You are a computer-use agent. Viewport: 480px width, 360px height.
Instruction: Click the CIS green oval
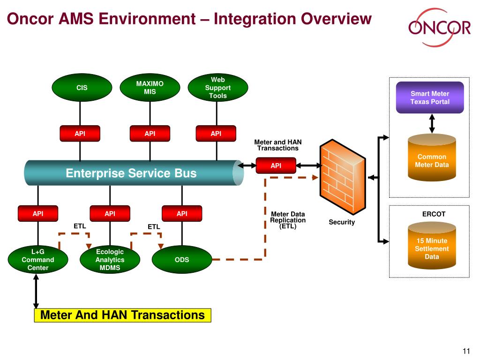click(82, 88)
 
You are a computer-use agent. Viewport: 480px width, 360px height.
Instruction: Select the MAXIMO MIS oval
click(150, 88)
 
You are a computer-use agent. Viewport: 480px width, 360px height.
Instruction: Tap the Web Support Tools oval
click(218, 88)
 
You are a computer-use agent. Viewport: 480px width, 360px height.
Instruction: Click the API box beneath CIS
click(80, 134)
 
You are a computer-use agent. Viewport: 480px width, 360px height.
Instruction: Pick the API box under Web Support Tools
click(216, 134)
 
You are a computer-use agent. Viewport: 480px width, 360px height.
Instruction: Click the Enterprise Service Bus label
click(131, 173)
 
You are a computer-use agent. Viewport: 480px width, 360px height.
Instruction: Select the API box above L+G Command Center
click(38, 214)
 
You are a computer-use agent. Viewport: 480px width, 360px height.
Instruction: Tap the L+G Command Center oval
click(38, 260)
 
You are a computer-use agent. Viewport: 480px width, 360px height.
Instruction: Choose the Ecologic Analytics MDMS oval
click(110, 260)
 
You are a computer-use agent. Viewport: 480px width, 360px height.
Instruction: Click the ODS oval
click(182, 260)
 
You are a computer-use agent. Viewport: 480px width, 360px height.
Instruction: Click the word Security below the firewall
click(342, 222)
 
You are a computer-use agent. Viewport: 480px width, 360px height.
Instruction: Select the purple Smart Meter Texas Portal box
click(430, 97)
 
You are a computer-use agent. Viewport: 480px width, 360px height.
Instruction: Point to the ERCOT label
click(434, 214)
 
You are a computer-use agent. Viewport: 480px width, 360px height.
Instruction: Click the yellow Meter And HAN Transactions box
click(123, 315)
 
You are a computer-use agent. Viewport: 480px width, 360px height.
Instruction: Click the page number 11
click(466, 352)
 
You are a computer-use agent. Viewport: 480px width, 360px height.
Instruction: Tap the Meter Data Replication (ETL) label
click(288, 220)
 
